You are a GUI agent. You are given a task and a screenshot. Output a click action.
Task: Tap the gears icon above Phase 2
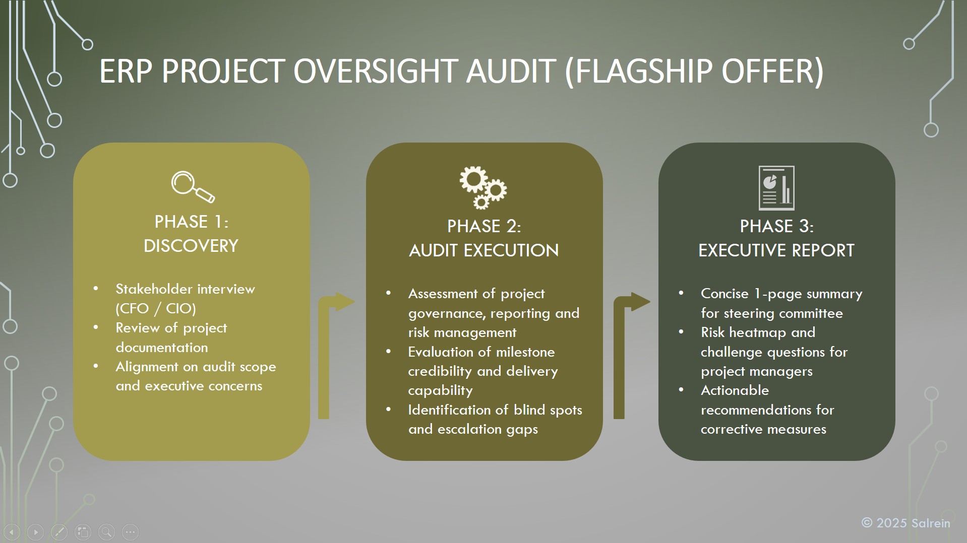point(483,187)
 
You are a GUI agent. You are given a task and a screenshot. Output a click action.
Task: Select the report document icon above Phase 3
point(776,188)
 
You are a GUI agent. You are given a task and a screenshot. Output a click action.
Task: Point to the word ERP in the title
point(126,71)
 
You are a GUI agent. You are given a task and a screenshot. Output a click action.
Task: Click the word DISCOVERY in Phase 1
point(191,246)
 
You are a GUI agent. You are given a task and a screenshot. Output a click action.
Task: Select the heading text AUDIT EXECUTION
point(484,250)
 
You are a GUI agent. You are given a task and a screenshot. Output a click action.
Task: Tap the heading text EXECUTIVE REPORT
point(776,250)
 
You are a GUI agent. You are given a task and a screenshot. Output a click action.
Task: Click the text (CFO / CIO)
point(156,308)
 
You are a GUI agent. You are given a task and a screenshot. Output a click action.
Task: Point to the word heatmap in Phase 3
point(758,332)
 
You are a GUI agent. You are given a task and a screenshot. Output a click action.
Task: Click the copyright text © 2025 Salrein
point(906,523)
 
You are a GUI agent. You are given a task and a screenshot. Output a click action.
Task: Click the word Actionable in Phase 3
point(735,390)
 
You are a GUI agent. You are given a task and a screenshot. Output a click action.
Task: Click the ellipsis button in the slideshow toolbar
point(130,532)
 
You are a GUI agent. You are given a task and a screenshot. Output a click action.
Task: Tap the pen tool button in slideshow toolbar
point(59,532)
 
